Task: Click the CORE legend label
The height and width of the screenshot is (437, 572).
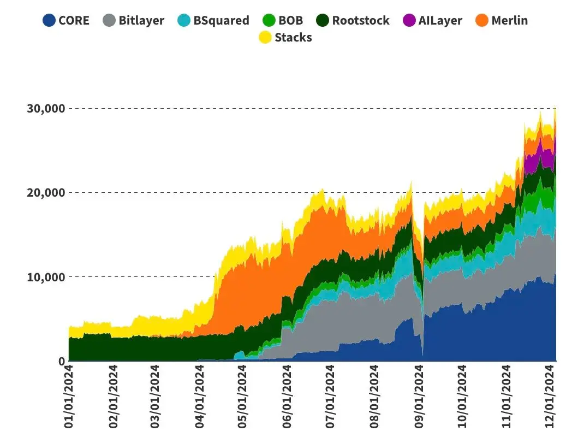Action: (x=74, y=21)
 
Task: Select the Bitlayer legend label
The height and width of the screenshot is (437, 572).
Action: (x=141, y=21)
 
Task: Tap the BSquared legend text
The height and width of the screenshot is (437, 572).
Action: (x=221, y=21)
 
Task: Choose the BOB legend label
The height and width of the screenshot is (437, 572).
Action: (x=291, y=21)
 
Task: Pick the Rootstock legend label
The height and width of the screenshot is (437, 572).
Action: (x=361, y=21)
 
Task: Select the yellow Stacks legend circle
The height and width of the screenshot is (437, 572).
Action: (x=265, y=37)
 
